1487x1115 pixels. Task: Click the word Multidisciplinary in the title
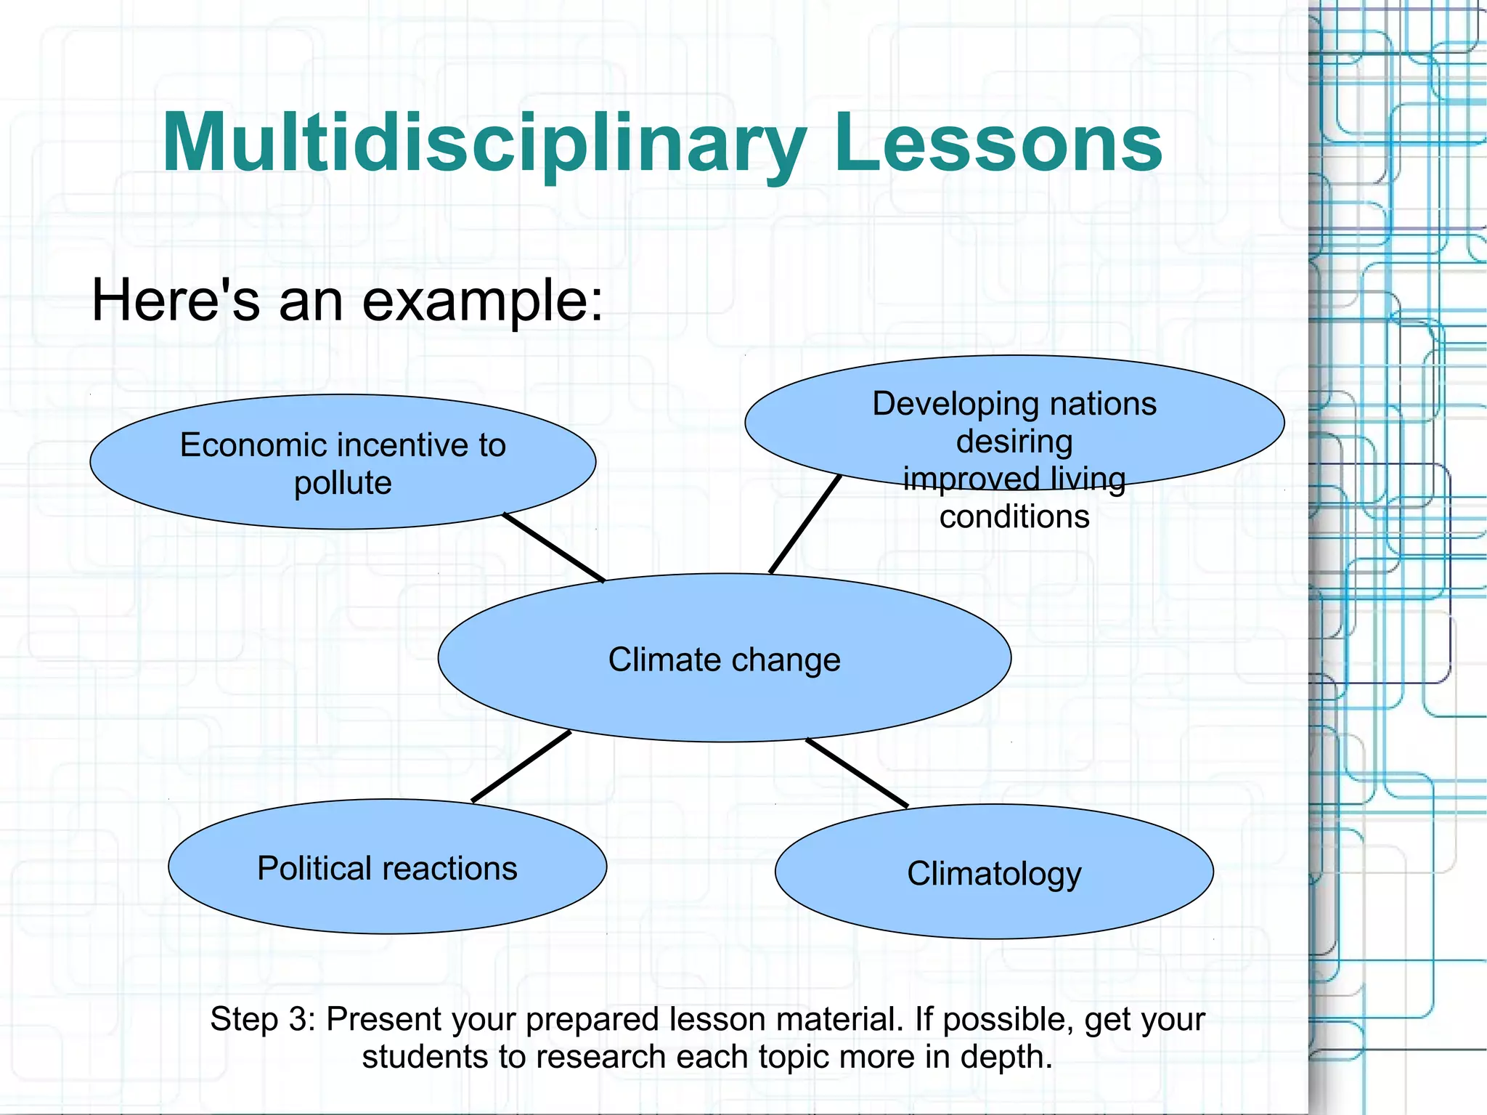pos(483,143)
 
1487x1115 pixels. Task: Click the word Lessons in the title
pos(998,143)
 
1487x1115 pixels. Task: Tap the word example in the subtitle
pos(481,301)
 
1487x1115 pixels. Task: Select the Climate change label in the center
pos(724,660)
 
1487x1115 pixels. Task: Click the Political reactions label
pos(387,868)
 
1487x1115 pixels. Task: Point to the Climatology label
pos(994,873)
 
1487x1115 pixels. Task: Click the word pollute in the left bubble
pos(343,483)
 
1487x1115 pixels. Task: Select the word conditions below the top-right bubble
pos(1014,516)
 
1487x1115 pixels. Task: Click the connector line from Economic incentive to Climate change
pos(554,548)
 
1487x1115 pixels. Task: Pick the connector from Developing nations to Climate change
pos(805,524)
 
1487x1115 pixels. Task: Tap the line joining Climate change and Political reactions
pos(521,766)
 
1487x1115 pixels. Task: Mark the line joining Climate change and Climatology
pos(857,773)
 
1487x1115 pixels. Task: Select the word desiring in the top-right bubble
pos(1014,442)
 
